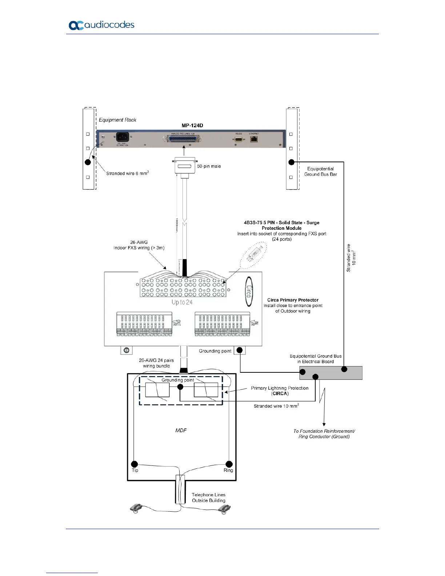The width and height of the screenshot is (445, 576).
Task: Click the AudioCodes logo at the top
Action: coord(101,25)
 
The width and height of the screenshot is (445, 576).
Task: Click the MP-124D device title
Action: coord(192,125)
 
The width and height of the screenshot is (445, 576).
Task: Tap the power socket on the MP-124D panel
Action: coord(122,137)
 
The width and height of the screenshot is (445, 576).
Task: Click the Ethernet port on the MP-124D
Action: coord(254,139)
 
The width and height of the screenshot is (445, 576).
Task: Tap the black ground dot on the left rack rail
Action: coord(88,162)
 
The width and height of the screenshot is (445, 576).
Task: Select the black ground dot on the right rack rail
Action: coord(291,162)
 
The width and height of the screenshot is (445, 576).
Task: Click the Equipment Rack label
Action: coord(117,120)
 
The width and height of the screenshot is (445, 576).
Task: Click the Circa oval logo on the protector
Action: coord(249,291)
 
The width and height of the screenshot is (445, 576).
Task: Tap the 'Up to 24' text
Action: coord(182,302)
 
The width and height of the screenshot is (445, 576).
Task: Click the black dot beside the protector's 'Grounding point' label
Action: coord(240,350)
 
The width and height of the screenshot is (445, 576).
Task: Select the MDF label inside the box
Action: coord(181,431)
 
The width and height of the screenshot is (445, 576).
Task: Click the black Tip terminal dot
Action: coord(135,464)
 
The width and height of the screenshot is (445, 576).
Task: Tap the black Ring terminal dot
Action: coord(229,464)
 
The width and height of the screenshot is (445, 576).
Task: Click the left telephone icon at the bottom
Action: coord(136,509)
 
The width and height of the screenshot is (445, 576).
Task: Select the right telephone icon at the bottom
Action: coord(224,510)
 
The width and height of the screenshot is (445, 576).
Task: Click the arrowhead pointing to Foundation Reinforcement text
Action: coord(324,424)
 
